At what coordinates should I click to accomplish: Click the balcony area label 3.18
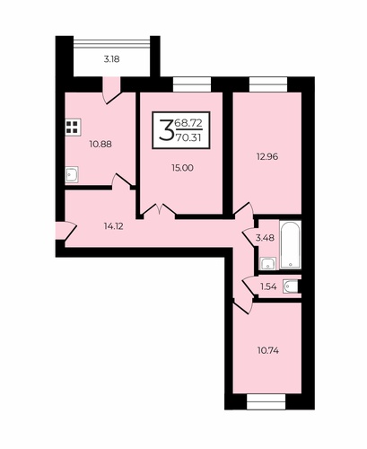pyautogui.click(x=111, y=59)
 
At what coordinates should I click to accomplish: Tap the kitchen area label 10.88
pyautogui.click(x=100, y=145)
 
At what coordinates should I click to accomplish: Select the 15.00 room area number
pyautogui.click(x=182, y=168)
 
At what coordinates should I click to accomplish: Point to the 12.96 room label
pyautogui.click(x=267, y=156)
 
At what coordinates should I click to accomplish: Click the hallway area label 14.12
pyautogui.click(x=114, y=226)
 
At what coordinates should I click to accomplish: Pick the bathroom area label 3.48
pyautogui.click(x=265, y=238)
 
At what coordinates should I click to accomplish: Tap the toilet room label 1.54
pyautogui.click(x=268, y=286)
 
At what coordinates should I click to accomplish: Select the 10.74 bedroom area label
pyautogui.click(x=268, y=350)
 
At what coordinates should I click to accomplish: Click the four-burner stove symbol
pyautogui.click(x=73, y=128)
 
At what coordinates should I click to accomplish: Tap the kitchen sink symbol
pyautogui.click(x=72, y=174)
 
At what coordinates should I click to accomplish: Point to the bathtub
pyautogui.click(x=290, y=244)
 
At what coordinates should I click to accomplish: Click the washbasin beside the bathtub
pyautogui.click(x=268, y=263)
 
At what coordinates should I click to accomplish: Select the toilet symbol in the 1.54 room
pyautogui.click(x=291, y=286)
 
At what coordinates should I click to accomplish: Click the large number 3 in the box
pyautogui.click(x=167, y=130)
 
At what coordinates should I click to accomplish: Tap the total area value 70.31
pyautogui.click(x=188, y=137)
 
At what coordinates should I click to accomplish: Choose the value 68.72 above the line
pyautogui.click(x=188, y=122)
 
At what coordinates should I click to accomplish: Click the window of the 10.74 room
pyautogui.click(x=267, y=401)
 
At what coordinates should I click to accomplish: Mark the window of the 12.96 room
pyautogui.click(x=268, y=84)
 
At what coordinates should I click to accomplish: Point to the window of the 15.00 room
pyautogui.click(x=192, y=84)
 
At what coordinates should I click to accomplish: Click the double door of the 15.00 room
pyautogui.click(x=159, y=209)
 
